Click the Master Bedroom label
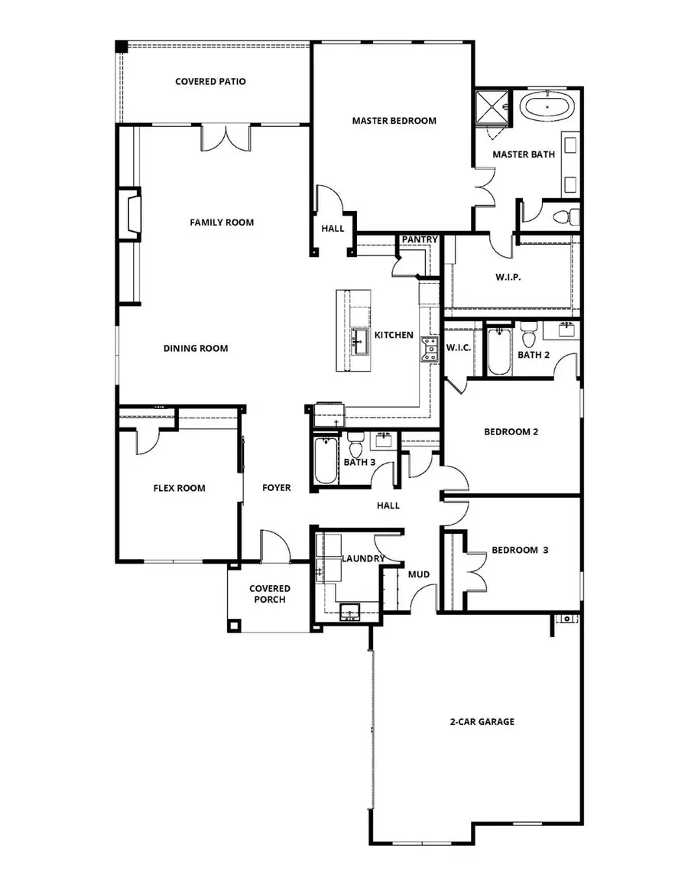(394, 121)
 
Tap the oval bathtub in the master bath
(546, 107)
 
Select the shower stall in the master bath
(492, 107)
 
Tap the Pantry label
(420, 240)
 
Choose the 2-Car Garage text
(482, 721)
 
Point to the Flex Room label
(179, 488)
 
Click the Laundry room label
(362, 559)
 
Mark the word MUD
(418, 574)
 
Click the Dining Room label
(196, 348)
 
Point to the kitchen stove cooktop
(427, 349)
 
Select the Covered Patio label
(210, 81)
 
